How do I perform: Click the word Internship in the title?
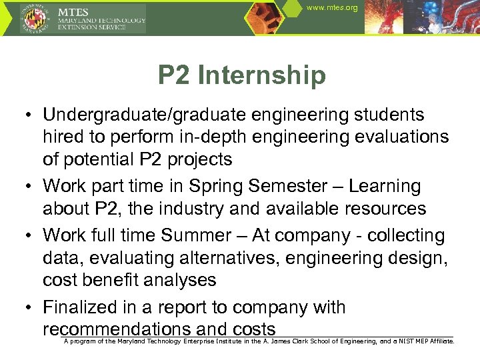coord(262,75)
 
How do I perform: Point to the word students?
coord(383,115)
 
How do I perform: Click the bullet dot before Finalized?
coord(30,307)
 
